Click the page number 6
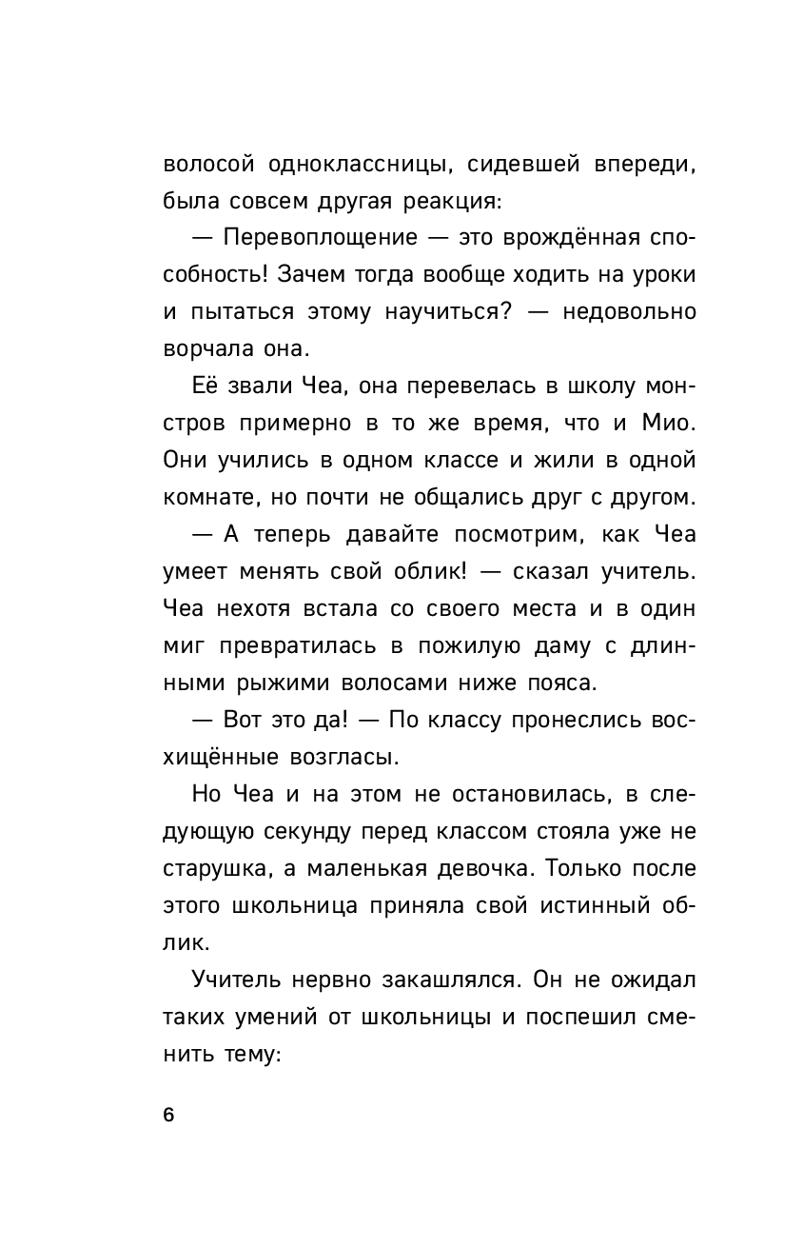pos(169,1116)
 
